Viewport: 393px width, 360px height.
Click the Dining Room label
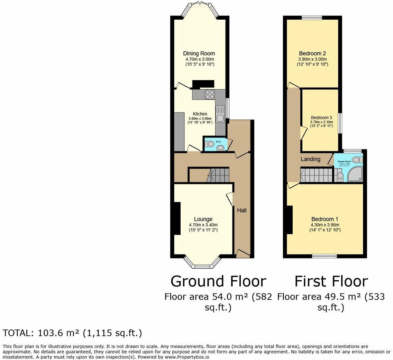tap(199, 54)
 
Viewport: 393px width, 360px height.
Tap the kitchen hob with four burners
tap(210, 94)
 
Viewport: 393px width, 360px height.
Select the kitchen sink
tap(220, 114)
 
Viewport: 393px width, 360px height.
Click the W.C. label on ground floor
tap(218, 142)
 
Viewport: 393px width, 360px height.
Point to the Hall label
tap(241, 210)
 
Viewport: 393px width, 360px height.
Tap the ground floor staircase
tap(217, 175)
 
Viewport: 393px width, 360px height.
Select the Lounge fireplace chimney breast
tap(177, 219)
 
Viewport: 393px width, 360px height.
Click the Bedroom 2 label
tap(312, 54)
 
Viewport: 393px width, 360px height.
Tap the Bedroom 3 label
tap(321, 118)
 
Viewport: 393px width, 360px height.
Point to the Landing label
tap(310, 159)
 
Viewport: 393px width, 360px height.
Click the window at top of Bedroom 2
tap(312, 18)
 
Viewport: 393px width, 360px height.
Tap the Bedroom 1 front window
tap(324, 256)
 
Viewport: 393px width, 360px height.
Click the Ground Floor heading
tap(218, 281)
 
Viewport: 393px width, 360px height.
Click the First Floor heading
tap(331, 281)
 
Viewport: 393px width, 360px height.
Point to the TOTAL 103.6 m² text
tap(72, 333)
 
